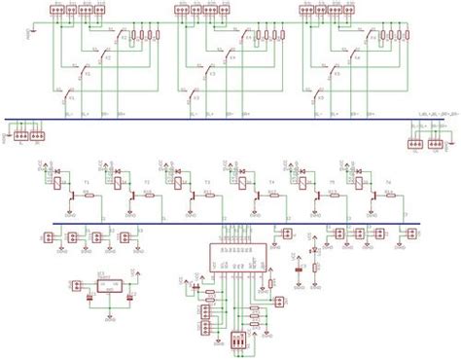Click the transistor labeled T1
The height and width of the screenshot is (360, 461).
coord(73,194)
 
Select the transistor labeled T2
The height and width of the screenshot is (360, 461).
coord(131,194)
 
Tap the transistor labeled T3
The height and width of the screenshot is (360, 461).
coord(192,194)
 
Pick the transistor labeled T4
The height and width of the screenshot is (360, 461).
coord(256,194)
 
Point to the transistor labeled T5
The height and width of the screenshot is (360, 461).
coord(316,194)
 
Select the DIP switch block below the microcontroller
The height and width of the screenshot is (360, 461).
coord(239,341)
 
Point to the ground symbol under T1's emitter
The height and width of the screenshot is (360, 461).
coord(73,209)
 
